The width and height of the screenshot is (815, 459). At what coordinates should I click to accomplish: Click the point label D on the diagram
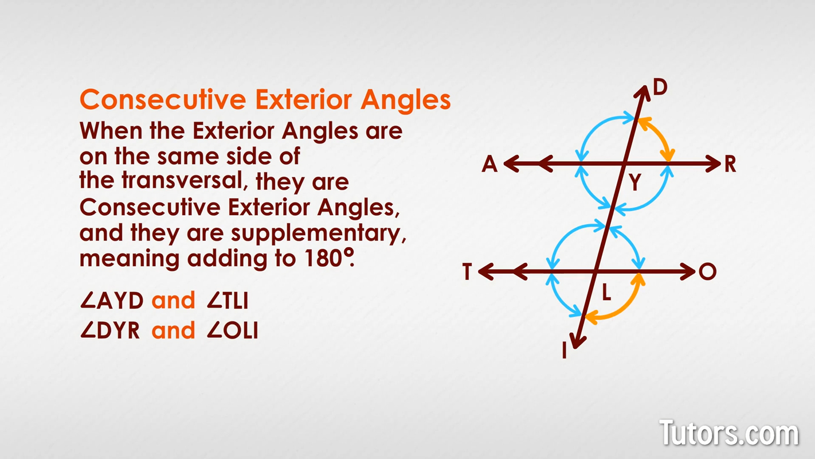pos(660,87)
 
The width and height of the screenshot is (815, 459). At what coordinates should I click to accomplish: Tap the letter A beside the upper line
pos(489,164)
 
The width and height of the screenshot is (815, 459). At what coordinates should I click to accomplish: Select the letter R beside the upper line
pos(730,164)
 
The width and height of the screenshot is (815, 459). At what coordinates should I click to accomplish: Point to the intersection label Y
pos(635,182)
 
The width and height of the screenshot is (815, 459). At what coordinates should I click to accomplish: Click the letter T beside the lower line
pos(467,271)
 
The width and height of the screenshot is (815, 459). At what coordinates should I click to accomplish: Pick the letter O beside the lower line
pos(708,271)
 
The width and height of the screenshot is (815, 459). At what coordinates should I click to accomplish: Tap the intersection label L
pos(606,292)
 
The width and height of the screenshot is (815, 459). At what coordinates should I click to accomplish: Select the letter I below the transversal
pos(565,351)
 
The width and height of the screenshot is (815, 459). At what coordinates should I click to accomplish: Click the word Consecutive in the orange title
pos(163,99)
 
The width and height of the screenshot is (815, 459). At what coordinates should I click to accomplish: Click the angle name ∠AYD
pos(112,301)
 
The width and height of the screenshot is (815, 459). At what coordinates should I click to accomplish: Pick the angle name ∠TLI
pos(228,301)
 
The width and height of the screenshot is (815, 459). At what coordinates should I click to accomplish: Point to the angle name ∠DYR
pos(110,331)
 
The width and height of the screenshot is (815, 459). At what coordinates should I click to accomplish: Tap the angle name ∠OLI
pos(232,331)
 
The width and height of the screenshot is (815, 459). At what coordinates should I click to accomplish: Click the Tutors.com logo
pos(729,433)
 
